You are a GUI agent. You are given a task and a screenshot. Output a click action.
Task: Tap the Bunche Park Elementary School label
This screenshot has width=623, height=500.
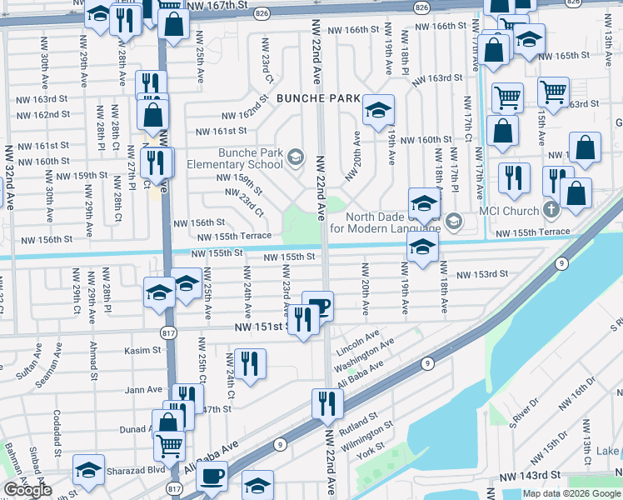tap(251, 158)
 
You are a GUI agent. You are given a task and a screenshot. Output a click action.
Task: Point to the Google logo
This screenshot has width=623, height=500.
tap(27, 490)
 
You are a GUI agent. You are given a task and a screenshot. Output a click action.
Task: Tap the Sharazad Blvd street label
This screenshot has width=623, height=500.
tap(136, 469)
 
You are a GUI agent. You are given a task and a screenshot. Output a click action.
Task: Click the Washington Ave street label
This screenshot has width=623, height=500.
tap(363, 356)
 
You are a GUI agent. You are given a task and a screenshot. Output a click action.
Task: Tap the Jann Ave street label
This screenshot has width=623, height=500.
tap(143, 389)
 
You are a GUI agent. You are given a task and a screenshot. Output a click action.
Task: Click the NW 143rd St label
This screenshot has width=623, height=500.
tap(530, 477)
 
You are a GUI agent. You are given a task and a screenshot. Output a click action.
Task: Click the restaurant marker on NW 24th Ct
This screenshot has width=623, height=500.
tap(249, 362)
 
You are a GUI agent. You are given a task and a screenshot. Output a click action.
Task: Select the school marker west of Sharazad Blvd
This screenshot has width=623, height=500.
tap(88, 469)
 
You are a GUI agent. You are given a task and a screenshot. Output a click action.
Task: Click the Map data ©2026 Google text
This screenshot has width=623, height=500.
tap(571, 493)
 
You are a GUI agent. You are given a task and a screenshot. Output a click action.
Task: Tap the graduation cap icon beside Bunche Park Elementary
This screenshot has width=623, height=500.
tap(295, 157)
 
